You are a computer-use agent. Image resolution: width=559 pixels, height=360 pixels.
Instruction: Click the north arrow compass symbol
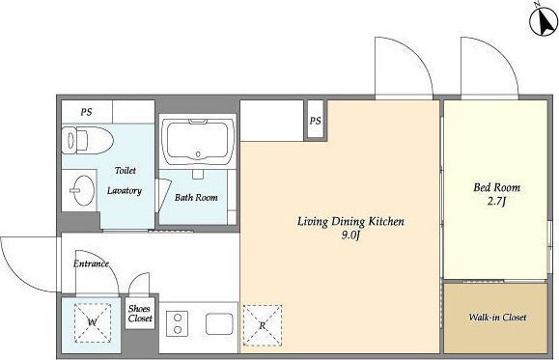(544, 21)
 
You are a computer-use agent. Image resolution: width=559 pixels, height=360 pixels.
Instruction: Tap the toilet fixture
(87, 140)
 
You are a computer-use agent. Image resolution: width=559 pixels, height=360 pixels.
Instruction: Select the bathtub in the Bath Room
(198, 141)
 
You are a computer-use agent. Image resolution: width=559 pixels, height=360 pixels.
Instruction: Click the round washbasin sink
(83, 190)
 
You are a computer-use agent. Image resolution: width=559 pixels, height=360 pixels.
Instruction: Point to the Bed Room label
(496, 187)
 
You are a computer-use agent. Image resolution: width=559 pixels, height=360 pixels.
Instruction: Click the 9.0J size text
(350, 235)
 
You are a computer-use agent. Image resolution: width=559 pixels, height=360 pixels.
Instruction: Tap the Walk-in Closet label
(497, 318)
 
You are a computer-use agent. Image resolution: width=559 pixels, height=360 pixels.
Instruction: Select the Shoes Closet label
(140, 314)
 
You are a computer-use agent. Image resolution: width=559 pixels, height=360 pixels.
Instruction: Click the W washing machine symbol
(93, 322)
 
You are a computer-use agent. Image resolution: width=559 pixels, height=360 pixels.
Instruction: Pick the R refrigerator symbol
(263, 325)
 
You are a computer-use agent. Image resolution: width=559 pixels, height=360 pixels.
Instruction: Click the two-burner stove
(178, 323)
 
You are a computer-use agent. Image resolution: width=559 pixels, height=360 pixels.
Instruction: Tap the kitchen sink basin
(219, 324)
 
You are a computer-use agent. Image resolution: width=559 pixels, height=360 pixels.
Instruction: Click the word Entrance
(91, 263)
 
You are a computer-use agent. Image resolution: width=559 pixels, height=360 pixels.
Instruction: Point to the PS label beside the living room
(315, 121)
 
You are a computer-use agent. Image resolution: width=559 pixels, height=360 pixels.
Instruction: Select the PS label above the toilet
(86, 112)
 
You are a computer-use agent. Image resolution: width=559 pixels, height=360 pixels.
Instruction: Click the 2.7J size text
(496, 202)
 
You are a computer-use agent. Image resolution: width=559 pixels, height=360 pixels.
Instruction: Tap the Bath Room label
(196, 197)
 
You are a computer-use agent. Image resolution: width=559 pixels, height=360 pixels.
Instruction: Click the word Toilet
(126, 171)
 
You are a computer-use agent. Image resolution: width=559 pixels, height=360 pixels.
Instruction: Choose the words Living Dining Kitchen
(350, 221)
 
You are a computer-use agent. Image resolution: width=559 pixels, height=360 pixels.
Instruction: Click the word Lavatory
(125, 191)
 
